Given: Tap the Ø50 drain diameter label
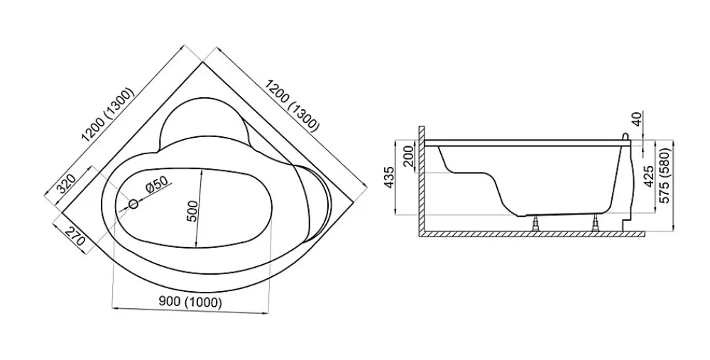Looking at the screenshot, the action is [x=156, y=185].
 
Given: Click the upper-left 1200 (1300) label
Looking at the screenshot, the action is [x=107, y=114].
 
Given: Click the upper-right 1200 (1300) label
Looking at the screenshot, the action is [x=292, y=105].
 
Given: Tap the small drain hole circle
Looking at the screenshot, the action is [x=133, y=204].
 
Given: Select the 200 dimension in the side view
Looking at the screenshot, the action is [x=408, y=156].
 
